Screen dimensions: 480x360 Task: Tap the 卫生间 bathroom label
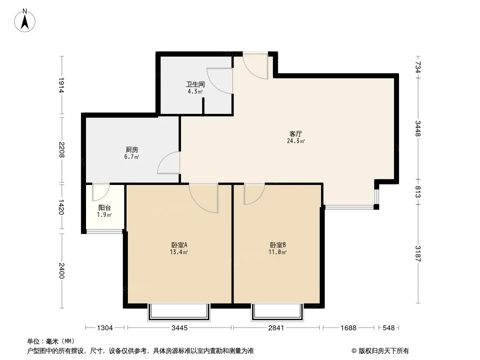[195, 85]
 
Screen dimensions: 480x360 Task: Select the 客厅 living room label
[296, 134]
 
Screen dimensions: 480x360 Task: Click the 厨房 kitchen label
[132, 150]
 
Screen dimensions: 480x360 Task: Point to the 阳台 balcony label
[105, 208]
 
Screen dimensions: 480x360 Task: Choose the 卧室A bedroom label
[179, 245]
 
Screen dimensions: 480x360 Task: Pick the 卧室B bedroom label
[278, 245]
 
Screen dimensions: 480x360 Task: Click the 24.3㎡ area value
[296, 141]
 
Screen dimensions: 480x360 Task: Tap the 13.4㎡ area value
[179, 252]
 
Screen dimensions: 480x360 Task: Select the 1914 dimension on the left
[61, 85]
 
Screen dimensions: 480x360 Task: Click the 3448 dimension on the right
[418, 128]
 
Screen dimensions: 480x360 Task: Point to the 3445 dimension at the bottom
[180, 328]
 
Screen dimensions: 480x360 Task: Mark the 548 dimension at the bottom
[389, 328]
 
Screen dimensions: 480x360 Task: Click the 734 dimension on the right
[418, 67]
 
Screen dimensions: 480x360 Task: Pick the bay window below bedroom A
[179, 312]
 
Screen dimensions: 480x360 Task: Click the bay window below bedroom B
[278, 312]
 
